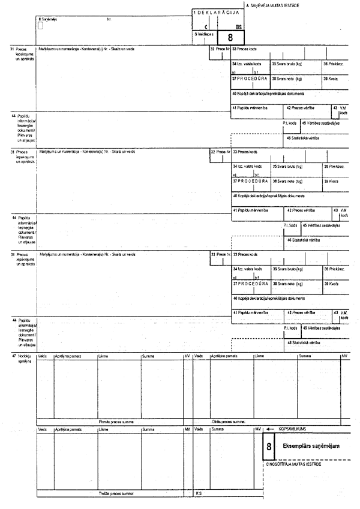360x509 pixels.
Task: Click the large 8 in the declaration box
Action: pyautogui.click(x=230, y=37)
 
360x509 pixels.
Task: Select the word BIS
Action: pyautogui.click(x=238, y=27)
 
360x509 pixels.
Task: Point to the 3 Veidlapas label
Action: pyautogui.click(x=205, y=34)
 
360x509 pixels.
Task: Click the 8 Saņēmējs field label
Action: pyautogui.click(x=47, y=19)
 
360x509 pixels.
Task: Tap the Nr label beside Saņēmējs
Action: pyautogui.click(x=109, y=19)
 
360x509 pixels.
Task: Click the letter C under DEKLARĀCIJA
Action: pyautogui.click(x=206, y=27)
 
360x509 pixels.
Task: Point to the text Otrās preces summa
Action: pyautogui.click(x=229, y=422)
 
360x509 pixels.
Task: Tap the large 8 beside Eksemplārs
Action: pyautogui.click(x=269, y=447)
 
